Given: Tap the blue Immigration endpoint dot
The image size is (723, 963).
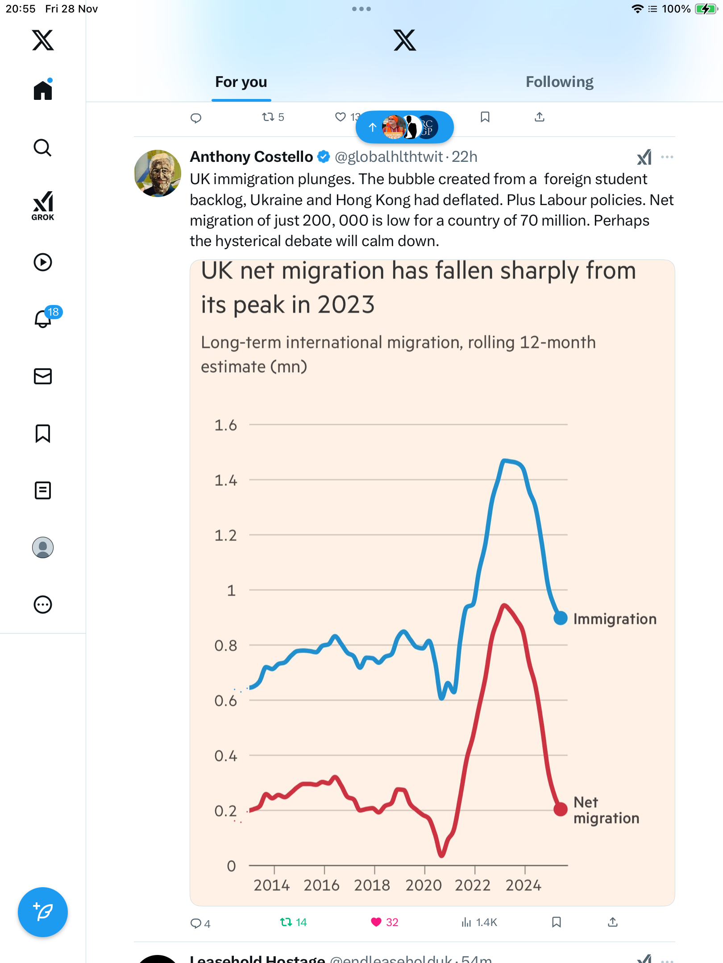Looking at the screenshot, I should click(x=560, y=618).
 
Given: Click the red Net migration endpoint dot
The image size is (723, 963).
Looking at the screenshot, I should click(x=560, y=809).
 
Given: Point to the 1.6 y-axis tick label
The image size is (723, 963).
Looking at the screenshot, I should click(x=225, y=425).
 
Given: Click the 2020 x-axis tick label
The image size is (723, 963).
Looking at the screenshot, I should click(x=423, y=885).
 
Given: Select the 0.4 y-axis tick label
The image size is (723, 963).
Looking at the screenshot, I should click(x=225, y=756).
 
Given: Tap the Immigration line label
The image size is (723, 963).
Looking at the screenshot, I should click(x=615, y=619).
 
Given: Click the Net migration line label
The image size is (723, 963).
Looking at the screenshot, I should click(x=606, y=810).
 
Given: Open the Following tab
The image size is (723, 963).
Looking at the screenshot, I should click(x=559, y=82).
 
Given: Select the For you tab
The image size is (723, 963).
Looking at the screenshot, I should click(x=241, y=82).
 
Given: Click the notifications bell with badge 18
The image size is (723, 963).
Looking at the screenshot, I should click(x=43, y=318).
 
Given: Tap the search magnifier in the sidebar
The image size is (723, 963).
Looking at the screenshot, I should click(x=43, y=148).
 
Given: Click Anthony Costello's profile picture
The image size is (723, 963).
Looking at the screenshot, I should click(x=158, y=173).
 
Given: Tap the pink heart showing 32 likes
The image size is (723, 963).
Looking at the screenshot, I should click(x=376, y=922).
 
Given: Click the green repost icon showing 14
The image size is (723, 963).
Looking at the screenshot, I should click(x=286, y=922).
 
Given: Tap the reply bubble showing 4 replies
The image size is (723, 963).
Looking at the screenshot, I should click(x=195, y=923).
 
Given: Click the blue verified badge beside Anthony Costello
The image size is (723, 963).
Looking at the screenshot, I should click(x=324, y=157).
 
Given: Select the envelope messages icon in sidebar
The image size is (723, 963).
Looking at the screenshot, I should click(x=43, y=376).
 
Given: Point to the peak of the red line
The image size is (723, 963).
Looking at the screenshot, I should click(x=504, y=605).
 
